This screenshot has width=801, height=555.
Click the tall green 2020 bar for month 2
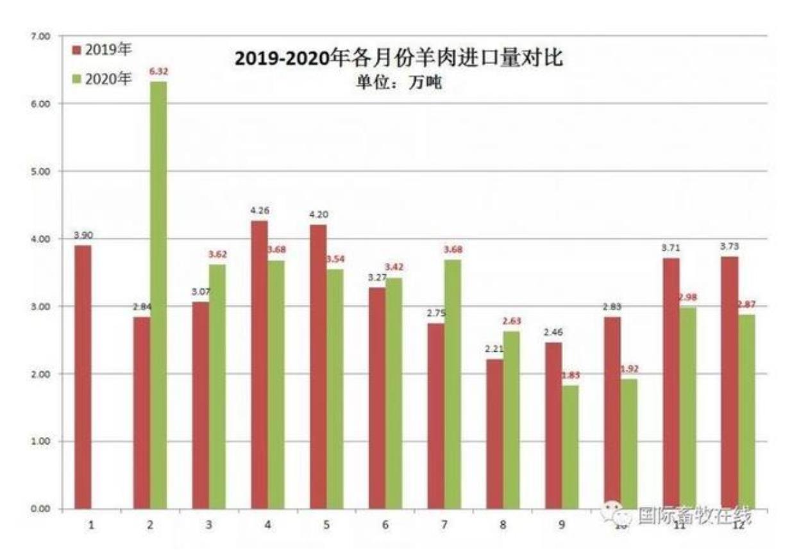[158, 295]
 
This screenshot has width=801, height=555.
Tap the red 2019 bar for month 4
[259, 365]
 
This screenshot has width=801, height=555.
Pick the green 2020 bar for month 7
[452, 384]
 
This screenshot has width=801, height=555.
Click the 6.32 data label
[158, 72]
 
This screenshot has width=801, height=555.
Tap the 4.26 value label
[259, 211]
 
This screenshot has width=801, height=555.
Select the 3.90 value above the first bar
[83, 236]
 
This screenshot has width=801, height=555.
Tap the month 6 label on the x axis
[385, 524]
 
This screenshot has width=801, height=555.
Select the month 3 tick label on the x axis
[208, 524]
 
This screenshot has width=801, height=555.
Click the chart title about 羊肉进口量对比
[398, 59]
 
